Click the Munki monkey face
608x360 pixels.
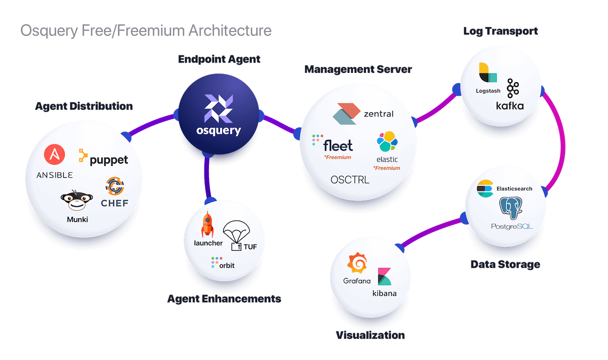click(x=73, y=202)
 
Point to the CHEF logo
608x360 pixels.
click(x=114, y=192)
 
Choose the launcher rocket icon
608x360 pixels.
click(x=208, y=225)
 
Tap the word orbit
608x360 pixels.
click(x=226, y=265)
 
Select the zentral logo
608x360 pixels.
click(x=362, y=113)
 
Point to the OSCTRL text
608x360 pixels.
click(x=349, y=180)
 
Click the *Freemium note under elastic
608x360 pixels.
click(x=386, y=168)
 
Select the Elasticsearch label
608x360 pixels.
click(x=514, y=188)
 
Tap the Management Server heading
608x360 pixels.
click(x=358, y=70)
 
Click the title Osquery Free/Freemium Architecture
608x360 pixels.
click(x=145, y=31)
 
